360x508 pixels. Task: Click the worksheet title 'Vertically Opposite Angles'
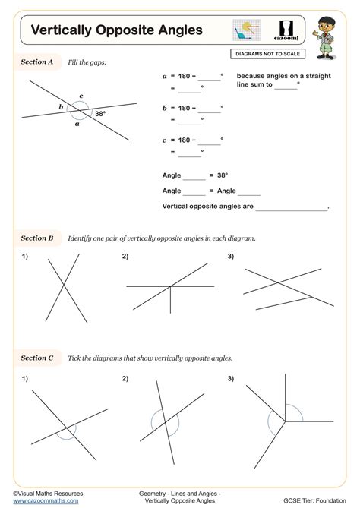116,30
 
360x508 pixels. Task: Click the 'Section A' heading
36,62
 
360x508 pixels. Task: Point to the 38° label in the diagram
99,114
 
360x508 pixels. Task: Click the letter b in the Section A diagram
62,108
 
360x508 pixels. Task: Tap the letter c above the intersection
81,96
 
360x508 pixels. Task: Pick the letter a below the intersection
77,125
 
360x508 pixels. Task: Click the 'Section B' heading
36,238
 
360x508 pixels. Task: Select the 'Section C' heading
36,358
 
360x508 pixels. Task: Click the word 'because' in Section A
251,76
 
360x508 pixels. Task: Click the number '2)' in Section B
125,256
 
